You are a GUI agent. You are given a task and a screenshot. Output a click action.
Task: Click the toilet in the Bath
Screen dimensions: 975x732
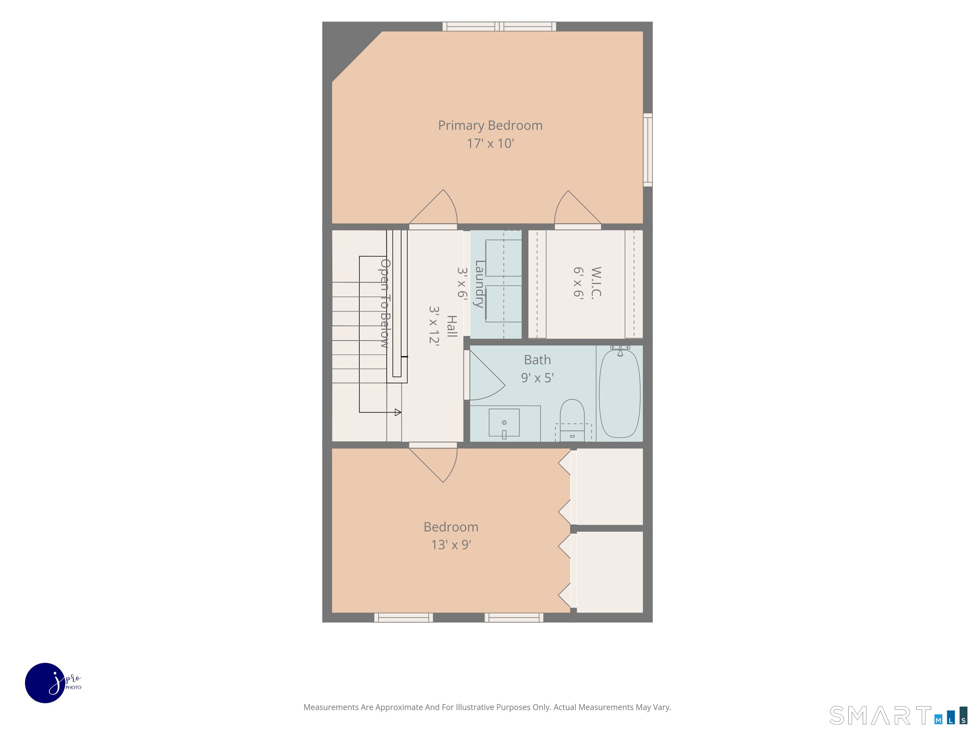(x=572, y=420)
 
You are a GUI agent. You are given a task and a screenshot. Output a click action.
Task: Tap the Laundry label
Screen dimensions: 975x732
(x=479, y=284)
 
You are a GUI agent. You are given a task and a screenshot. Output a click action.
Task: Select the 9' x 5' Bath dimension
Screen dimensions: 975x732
(x=537, y=378)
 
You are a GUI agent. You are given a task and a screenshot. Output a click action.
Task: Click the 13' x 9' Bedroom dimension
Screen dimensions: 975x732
(x=451, y=545)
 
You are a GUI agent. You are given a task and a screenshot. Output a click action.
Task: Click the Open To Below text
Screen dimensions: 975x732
(x=385, y=303)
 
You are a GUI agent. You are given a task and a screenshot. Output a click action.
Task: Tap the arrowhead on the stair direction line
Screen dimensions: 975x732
(x=398, y=413)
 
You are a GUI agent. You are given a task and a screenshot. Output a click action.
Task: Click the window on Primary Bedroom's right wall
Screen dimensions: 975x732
(x=647, y=150)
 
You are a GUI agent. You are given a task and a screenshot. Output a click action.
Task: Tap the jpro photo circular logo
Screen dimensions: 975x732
(x=45, y=682)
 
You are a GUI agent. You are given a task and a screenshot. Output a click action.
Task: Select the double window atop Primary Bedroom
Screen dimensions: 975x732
(x=499, y=26)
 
